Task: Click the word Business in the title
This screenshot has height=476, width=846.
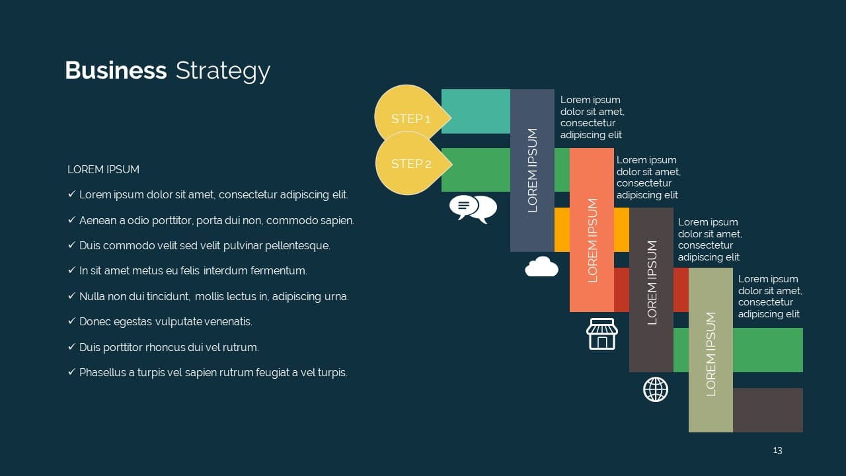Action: click(x=116, y=71)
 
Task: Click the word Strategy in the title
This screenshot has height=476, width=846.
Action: click(x=223, y=71)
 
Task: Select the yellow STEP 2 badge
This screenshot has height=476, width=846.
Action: click(x=410, y=163)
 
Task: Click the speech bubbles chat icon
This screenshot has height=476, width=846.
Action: click(x=473, y=208)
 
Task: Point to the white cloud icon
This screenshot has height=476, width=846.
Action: click(x=541, y=266)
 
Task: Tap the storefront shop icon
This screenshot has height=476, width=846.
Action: click(x=601, y=334)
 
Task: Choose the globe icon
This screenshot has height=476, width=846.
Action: click(x=656, y=389)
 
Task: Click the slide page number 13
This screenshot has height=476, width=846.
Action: click(x=777, y=450)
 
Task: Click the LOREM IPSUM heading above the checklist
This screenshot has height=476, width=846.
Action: click(x=103, y=170)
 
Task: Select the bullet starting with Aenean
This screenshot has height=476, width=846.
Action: click(x=216, y=220)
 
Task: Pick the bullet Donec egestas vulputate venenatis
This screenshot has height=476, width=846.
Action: click(x=165, y=322)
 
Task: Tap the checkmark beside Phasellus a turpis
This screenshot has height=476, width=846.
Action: click(x=71, y=372)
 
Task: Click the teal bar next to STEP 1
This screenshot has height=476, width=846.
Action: click(x=475, y=111)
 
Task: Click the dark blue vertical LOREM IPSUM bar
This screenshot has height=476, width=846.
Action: click(x=532, y=170)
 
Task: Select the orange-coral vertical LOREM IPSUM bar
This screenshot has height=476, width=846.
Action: click(x=592, y=229)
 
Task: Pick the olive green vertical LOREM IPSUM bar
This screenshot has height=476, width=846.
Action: click(x=711, y=350)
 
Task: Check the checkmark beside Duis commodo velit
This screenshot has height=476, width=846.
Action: click(x=71, y=245)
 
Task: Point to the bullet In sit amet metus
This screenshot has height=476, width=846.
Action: click(x=193, y=271)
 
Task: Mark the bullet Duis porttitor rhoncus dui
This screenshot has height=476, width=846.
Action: click(x=169, y=347)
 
